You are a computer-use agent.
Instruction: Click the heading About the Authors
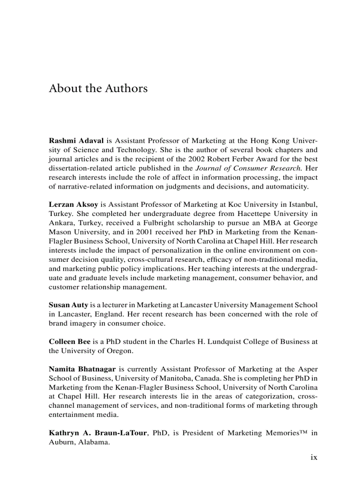[98, 88]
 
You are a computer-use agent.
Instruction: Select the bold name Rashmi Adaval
[76, 141]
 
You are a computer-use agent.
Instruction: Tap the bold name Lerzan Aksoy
[74, 205]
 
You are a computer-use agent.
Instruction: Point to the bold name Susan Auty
[68, 305]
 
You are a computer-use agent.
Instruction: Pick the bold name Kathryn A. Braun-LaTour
[99, 433]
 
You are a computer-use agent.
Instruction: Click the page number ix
[314, 457]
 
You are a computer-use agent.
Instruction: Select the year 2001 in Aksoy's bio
[184, 232]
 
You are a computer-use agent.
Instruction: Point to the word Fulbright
[172, 223]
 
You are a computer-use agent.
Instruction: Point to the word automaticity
[288, 186]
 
